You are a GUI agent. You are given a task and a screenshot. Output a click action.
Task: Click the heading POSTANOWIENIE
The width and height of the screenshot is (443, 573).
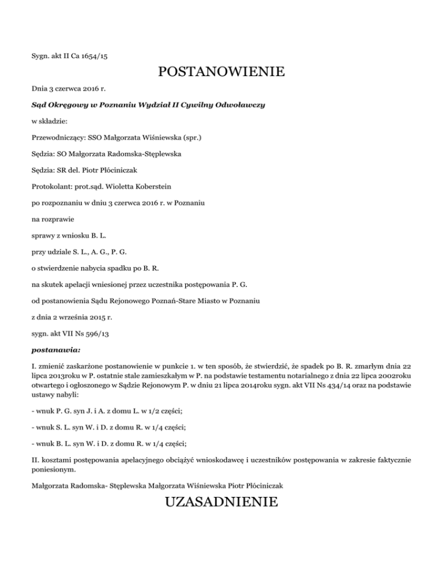pyautogui.click(x=221, y=73)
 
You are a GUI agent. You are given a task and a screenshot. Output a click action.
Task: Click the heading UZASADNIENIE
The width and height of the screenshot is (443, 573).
pyautogui.click(x=221, y=503)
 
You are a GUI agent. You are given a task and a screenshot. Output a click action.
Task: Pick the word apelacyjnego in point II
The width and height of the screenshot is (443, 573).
pyautogui.click(x=123, y=461)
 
